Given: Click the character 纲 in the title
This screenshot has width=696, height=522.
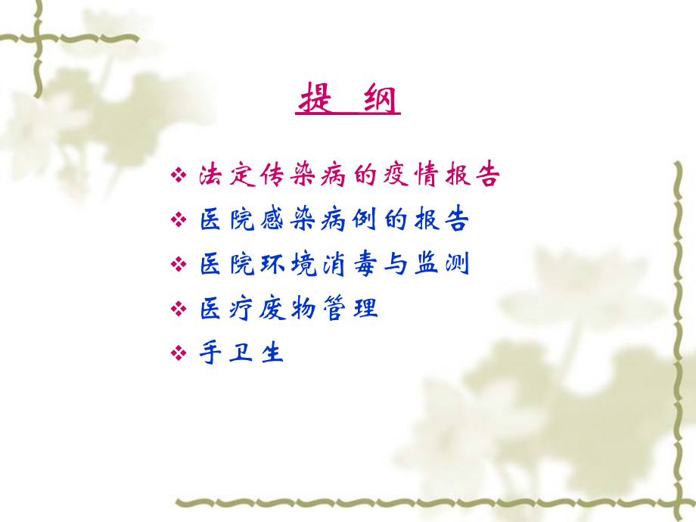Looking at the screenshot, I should (379, 101).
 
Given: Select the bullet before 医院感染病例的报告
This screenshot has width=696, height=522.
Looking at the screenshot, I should (179, 221).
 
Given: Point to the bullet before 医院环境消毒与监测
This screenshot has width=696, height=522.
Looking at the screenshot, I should (179, 265).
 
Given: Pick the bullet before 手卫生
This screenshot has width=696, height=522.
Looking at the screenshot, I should (179, 353).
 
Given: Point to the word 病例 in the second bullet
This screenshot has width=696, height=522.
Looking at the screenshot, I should (350, 220).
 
